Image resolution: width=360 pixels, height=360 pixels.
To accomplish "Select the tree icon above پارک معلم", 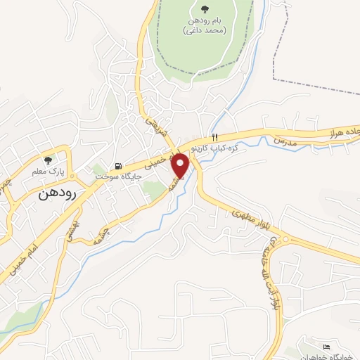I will tap(48, 160).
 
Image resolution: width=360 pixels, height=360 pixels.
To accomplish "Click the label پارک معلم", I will tap(48, 171).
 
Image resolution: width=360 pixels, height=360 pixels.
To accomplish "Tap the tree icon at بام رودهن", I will tap(204, 9).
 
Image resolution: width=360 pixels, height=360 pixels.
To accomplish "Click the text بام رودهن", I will tap(204, 21).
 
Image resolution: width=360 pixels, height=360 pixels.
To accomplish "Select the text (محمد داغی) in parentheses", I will tap(203, 31).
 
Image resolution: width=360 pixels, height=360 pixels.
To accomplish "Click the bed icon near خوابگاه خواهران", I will tap(325, 347).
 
